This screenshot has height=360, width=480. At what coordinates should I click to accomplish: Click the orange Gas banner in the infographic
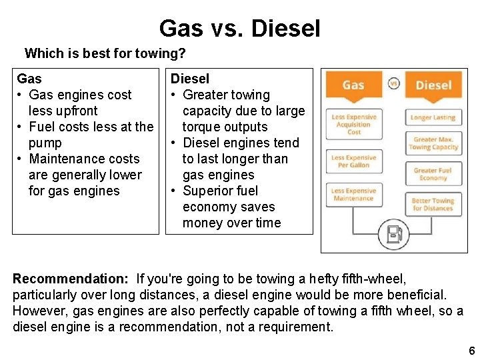(353, 85)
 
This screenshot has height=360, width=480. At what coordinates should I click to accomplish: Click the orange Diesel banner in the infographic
(433, 85)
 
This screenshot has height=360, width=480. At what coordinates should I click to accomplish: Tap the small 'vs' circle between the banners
(393, 83)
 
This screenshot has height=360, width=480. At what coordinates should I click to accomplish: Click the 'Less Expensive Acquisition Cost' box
(353, 125)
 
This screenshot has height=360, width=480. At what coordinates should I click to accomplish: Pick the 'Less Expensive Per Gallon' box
(353, 162)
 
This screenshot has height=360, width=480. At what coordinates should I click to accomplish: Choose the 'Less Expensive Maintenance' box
(353, 195)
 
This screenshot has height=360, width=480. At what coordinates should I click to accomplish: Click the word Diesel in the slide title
(287, 29)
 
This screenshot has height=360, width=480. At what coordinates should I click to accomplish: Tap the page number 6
(471, 351)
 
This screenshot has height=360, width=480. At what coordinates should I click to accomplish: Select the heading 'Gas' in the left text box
(29, 79)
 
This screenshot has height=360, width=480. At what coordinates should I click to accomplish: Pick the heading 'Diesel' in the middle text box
(190, 79)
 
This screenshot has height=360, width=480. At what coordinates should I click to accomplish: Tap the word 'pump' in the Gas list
(45, 143)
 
